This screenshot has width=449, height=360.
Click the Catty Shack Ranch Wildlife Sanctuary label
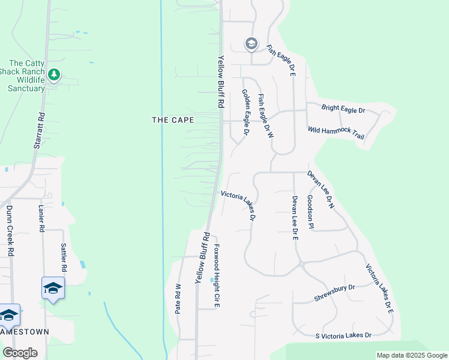coord(28,76)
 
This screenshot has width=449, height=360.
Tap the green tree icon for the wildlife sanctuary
coord(55,74)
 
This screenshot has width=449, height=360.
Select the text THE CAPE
coord(173,120)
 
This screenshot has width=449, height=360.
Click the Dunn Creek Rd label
coord(10,232)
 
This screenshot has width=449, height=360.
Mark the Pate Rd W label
coord(178,299)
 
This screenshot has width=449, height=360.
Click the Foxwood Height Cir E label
coord(217,275)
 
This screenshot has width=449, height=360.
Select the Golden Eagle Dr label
coord(246,112)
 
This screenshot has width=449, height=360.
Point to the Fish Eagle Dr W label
coord(265,116)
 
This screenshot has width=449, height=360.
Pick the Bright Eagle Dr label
coord(343,109)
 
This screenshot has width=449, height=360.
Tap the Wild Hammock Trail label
coord(336,133)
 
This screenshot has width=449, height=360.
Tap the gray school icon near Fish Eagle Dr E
coord(251,43)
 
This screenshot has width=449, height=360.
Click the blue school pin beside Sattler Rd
coord(53,289)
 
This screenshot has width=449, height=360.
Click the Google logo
coord(20,353)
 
